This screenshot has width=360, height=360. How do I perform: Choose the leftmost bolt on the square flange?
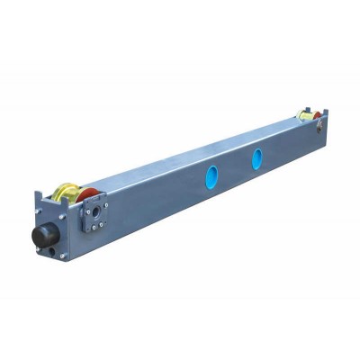[x=87, y=212]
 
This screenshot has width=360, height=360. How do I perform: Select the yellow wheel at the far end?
[x=306, y=114]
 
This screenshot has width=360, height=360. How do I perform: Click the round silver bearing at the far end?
[x=319, y=126]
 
